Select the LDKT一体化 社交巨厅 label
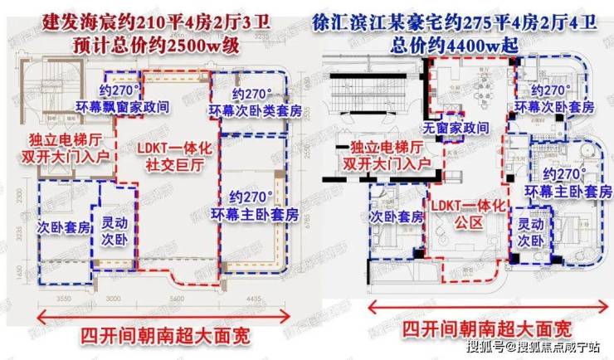tap(168, 157)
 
